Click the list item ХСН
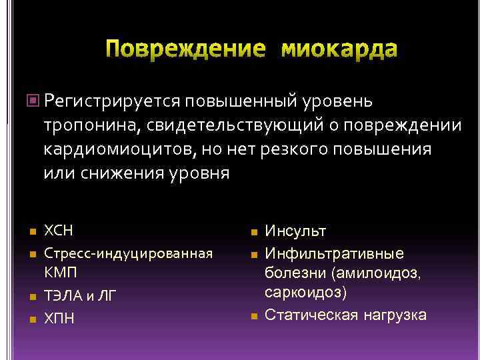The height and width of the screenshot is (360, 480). [58, 231]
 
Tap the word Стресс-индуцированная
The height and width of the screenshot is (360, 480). [128, 253]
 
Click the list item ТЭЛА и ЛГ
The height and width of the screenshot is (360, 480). [79, 296]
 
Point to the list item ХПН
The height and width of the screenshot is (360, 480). [59, 318]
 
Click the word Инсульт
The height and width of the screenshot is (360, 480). [295, 231]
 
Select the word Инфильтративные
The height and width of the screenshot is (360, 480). [334, 253]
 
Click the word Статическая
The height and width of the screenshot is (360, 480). [307, 315]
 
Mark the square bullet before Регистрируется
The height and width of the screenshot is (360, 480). [35, 101]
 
